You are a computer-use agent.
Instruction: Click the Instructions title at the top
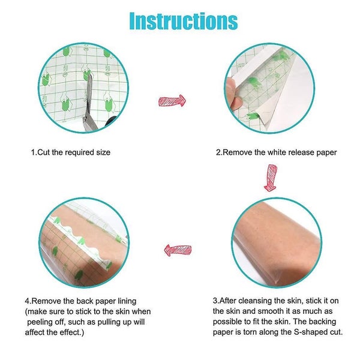click(x=184, y=20)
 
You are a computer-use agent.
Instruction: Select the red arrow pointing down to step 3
click(x=271, y=178)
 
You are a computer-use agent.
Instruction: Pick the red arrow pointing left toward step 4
click(x=178, y=250)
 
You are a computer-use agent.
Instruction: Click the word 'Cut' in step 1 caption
click(x=44, y=152)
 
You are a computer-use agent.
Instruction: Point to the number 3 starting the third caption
click(x=215, y=300)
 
